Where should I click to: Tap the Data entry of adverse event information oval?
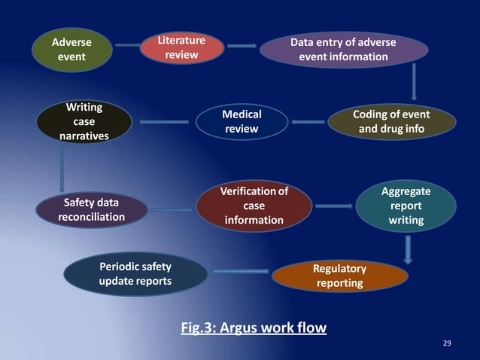pyautogui.click(x=343, y=49)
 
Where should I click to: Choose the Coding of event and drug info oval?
pyautogui.click(x=391, y=121)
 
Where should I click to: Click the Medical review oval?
pyautogui.click(x=242, y=122)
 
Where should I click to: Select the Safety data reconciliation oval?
pyautogui.click(x=91, y=210)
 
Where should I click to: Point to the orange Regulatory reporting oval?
pyautogui.click(x=340, y=276)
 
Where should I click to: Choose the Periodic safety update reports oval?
pyautogui.click(x=135, y=273)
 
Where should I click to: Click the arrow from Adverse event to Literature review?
pyautogui.click(x=128, y=46)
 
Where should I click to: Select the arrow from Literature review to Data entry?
pyautogui.click(x=242, y=46)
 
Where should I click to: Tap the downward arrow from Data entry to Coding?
pyautogui.click(x=414, y=81)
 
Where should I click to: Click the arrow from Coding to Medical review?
pyautogui.click(x=308, y=121)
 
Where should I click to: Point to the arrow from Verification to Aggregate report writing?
pyautogui.click(x=333, y=205)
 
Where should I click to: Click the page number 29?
pyautogui.click(x=448, y=344)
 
